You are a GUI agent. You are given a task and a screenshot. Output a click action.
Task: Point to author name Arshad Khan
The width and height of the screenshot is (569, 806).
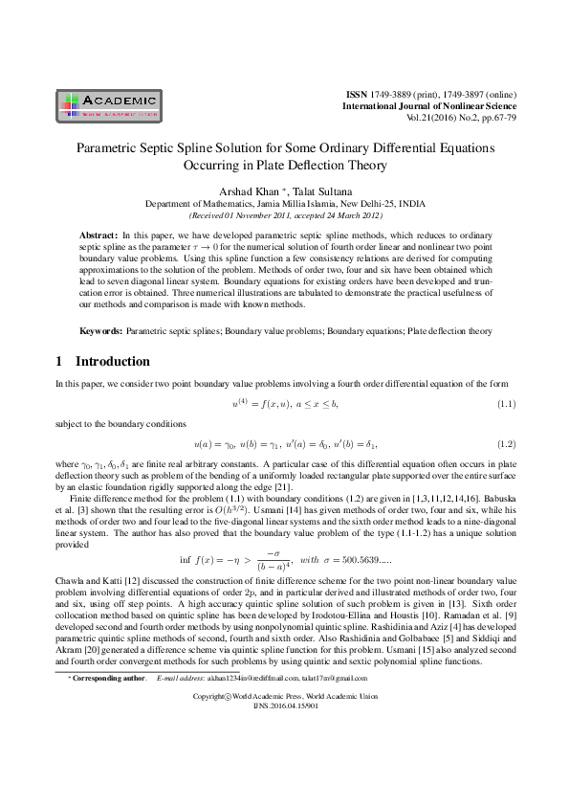pyautogui.click(x=249, y=190)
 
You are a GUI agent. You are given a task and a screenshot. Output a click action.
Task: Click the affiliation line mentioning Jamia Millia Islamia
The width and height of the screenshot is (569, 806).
pyautogui.click(x=284, y=204)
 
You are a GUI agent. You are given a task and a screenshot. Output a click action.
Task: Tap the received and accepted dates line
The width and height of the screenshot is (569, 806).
pyautogui.click(x=284, y=216)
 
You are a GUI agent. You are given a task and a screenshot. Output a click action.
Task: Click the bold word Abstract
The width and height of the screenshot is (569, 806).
pyautogui.click(x=98, y=235)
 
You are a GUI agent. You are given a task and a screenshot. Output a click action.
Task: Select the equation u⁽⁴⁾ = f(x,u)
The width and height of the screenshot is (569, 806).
pyautogui.click(x=284, y=403)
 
